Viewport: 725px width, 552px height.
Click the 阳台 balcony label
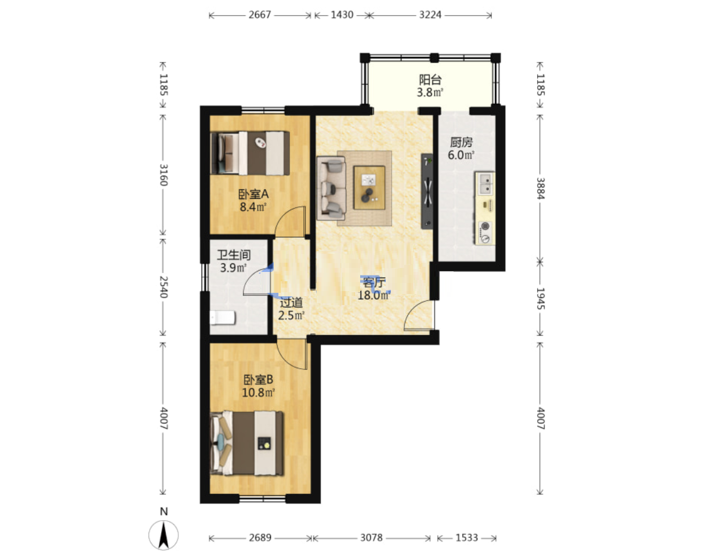[430, 79]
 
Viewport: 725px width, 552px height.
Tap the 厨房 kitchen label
[461, 143]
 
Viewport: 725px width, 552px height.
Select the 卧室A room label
[253, 194]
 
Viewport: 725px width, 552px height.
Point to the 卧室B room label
[258, 380]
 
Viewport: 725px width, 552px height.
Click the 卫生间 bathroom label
[234, 255]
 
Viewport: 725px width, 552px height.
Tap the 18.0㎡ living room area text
[374, 295]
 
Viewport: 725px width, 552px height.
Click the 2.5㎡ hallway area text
[291, 315]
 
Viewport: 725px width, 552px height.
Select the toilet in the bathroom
[222, 318]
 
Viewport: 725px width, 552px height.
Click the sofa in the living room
[331, 188]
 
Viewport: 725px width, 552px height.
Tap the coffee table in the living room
[369, 187]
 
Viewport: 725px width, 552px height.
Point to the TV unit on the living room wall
[426, 191]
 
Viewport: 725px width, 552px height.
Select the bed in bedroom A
[250, 153]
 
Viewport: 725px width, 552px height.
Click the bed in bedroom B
[246, 443]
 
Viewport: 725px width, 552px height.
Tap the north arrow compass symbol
[164, 535]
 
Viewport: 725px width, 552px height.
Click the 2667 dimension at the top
[260, 15]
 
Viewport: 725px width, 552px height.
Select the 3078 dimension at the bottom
[371, 538]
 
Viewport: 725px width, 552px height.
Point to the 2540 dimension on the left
[164, 287]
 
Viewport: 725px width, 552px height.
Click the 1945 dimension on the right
[540, 299]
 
